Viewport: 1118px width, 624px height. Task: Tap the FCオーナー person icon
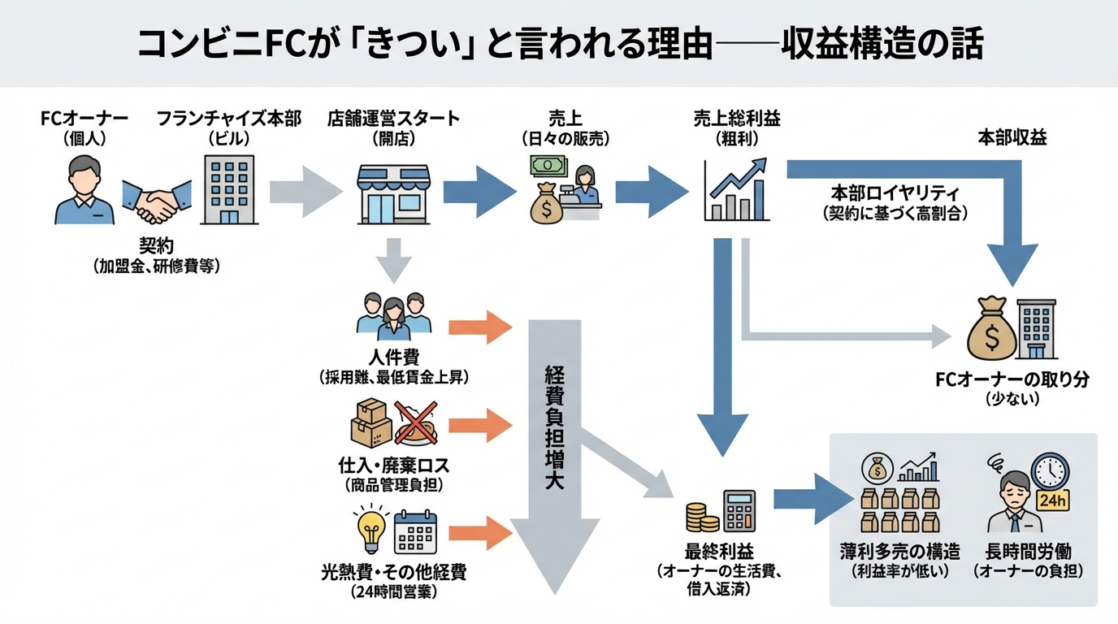pos(84,188)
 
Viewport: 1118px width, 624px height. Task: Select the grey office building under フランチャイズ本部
pos(228,189)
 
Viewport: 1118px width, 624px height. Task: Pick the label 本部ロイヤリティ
pos(895,194)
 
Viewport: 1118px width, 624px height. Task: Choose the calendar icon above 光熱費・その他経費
pos(415,534)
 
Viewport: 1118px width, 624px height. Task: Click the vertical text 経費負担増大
pos(555,427)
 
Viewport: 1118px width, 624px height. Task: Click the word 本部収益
pos(1012,138)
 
